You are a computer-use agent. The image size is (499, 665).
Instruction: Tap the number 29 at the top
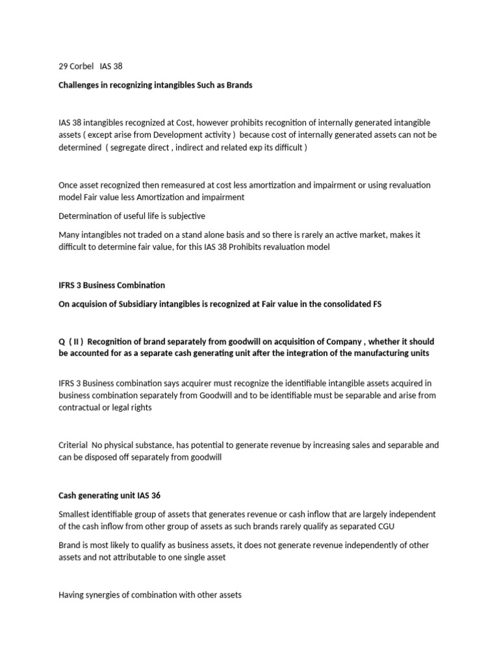63,67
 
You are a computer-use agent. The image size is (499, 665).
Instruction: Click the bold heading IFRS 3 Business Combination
112,285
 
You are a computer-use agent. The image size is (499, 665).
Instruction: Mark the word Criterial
73,446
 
